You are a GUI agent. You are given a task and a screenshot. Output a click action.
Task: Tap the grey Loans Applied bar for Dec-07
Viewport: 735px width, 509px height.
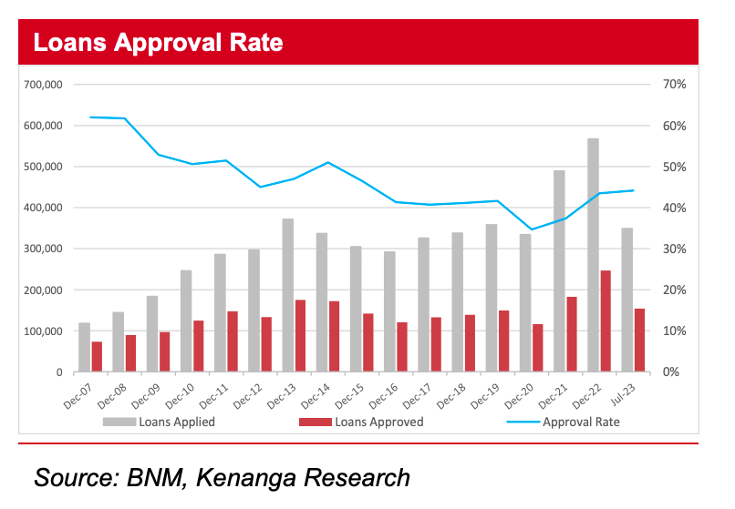84,347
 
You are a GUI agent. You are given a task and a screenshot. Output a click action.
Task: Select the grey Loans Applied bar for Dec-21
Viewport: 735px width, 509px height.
559,270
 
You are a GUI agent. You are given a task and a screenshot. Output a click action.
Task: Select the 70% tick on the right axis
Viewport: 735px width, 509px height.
662,85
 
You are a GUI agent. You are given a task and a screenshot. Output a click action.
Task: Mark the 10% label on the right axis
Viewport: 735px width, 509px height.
662,331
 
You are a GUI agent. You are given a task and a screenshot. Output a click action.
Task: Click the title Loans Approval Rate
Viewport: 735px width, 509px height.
157,43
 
